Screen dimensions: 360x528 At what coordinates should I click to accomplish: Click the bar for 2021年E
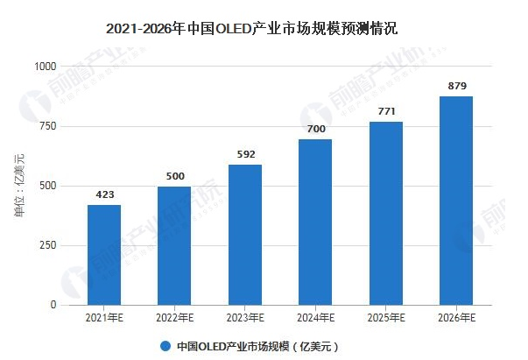click(x=104, y=255)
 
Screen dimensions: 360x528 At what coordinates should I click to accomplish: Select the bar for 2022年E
click(x=174, y=245)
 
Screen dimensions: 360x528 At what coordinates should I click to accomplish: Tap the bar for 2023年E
click(x=245, y=235)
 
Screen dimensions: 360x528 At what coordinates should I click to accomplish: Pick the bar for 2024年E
click(x=315, y=222)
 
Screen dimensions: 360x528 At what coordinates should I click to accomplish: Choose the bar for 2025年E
click(x=386, y=213)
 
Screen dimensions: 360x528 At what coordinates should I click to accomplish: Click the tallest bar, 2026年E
click(x=456, y=201)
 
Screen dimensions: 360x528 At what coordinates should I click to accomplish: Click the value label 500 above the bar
click(x=174, y=177)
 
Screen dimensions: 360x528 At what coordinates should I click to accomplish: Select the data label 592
click(x=245, y=155)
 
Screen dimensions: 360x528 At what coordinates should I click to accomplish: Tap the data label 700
click(x=315, y=130)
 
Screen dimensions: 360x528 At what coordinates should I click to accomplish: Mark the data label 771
click(x=386, y=112)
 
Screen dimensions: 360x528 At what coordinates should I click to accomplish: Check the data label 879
click(x=456, y=86)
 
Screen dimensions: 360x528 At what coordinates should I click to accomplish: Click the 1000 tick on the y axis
click(x=44, y=67)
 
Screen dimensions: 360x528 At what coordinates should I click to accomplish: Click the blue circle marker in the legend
click(x=165, y=344)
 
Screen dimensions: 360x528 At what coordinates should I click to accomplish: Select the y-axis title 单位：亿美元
click(x=20, y=185)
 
